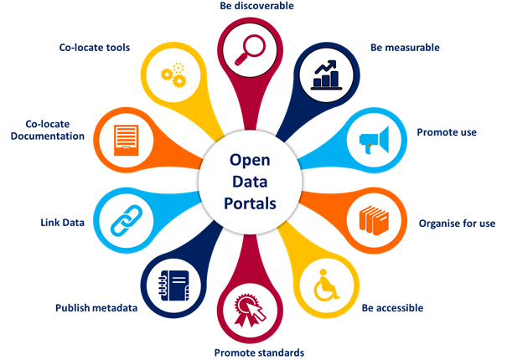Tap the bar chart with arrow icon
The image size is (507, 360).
(326, 75)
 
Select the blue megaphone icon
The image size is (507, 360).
(374, 140)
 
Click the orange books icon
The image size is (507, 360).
(374, 220)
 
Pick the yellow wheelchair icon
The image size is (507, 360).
(326, 285)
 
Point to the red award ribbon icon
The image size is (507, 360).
(250, 310)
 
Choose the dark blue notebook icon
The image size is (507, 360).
(174, 285)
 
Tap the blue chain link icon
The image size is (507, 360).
(127, 220)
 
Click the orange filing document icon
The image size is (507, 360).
(126, 141)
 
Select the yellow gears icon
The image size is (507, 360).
(174, 75)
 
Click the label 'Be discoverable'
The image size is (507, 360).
(256, 6)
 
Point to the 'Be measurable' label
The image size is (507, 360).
(405, 48)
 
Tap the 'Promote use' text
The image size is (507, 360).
(447, 132)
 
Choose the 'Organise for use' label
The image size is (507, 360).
(457, 224)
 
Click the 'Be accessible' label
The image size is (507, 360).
(392, 307)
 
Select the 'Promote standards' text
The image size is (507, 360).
(259, 352)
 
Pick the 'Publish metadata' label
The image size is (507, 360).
(96, 307)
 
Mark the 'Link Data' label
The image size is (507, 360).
(62, 223)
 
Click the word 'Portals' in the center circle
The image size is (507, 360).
(250, 203)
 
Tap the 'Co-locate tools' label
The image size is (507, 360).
(95, 48)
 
